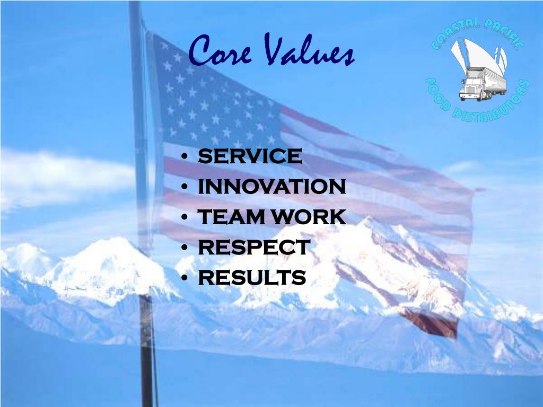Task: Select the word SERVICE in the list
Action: pyautogui.click(x=250, y=157)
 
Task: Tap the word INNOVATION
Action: pyautogui.click(x=272, y=187)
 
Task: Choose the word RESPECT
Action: pyautogui.click(x=253, y=247)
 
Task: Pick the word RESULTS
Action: pyautogui.click(x=252, y=278)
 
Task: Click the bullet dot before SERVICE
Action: pyautogui.click(x=183, y=157)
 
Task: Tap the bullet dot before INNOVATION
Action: pyautogui.click(x=183, y=188)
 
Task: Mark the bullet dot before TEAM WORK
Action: pyautogui.click(x=183, y=218)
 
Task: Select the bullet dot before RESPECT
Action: pyautogui.click(x=183, y=248)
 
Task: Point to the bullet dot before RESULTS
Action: pyautogui.click(x=183, y=278)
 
